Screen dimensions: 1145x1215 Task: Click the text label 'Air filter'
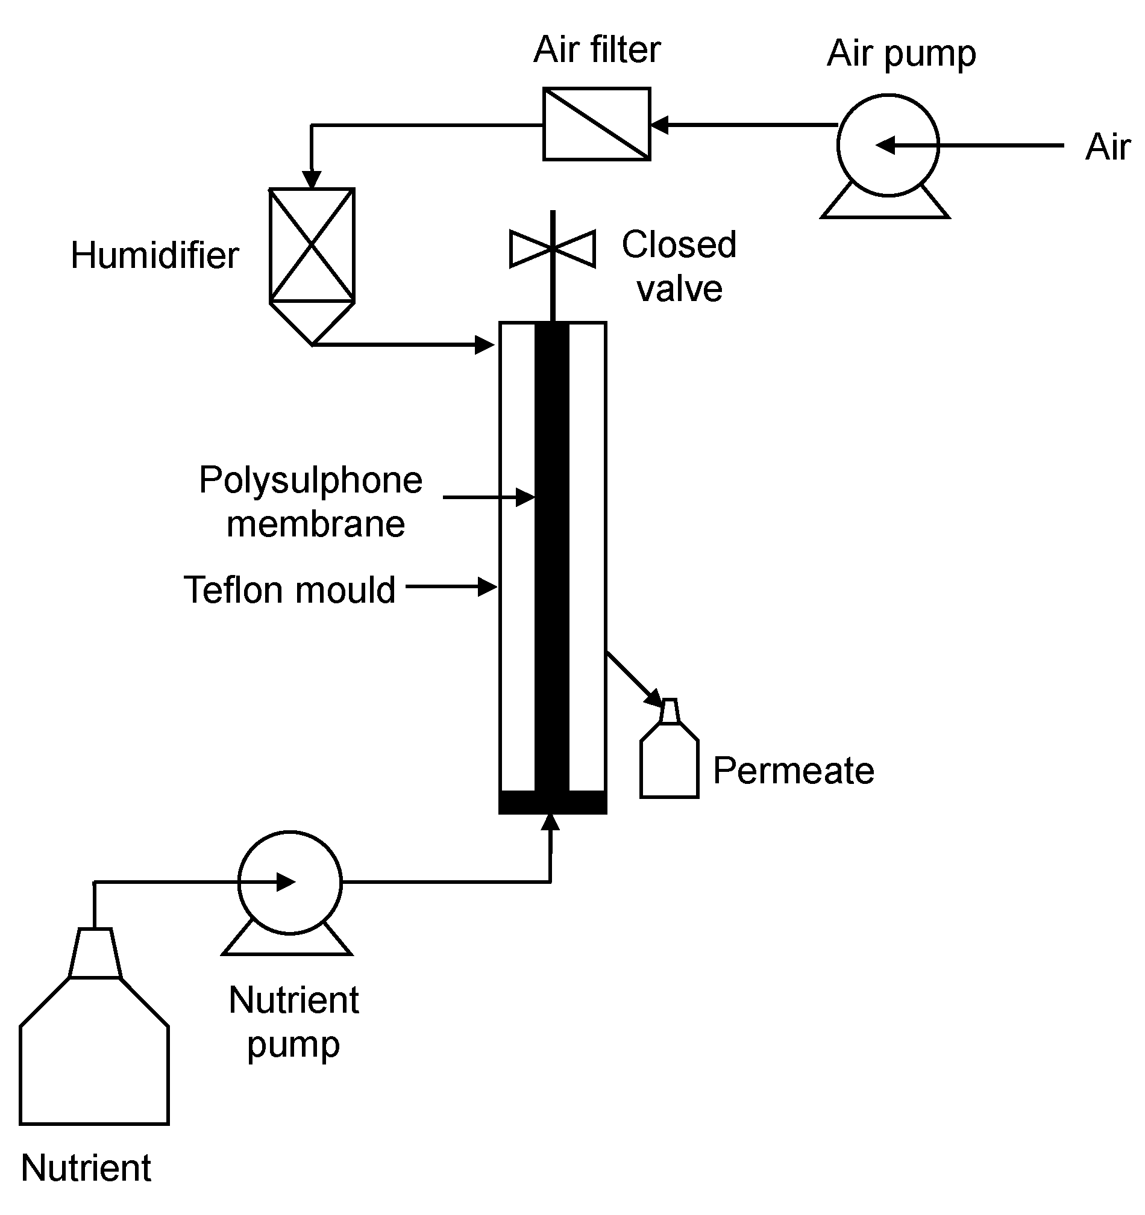tap(597, 49)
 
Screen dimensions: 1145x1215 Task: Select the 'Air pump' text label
tap(901, 54)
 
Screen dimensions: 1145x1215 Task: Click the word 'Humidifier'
tap(155, 255)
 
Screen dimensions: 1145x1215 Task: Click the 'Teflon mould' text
tap(289, 590)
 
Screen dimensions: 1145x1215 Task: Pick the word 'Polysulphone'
tap(310, 480)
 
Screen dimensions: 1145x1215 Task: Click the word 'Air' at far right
tap(1108, 148)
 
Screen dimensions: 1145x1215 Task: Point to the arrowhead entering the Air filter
tap(659, 125)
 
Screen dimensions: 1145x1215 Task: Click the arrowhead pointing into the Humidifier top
tap(312, 179)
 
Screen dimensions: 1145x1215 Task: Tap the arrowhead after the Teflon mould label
tap(488, 588)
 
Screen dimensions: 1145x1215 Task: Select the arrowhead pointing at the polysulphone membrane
tap(525, 497)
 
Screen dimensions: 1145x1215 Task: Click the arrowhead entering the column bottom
tap(551, 822)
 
